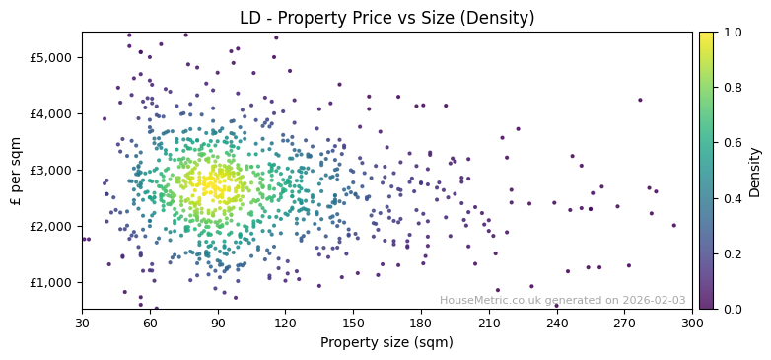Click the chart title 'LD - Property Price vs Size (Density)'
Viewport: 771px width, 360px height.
click(387, 18)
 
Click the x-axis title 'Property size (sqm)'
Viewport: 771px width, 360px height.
click(387, 343)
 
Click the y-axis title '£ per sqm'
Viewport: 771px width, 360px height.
click(16, 171)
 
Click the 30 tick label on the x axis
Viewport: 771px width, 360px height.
click(82, 323)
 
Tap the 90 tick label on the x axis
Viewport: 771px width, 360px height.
click(218, 323)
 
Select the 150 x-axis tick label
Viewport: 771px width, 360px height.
click(353, 323)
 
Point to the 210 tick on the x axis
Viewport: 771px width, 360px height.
click(489, 323)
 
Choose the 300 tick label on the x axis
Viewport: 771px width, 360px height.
click(692, 323)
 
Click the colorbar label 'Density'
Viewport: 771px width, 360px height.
click(754, 171)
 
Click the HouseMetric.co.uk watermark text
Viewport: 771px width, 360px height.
click(562, 301)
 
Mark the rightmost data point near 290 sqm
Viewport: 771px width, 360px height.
click(674, 226)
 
